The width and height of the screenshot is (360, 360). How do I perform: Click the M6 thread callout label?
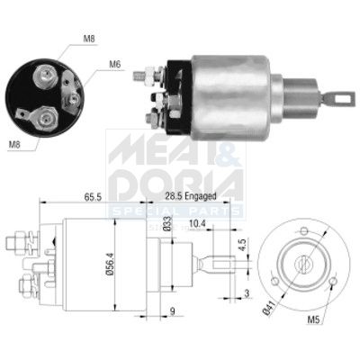[x=115, y=64]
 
